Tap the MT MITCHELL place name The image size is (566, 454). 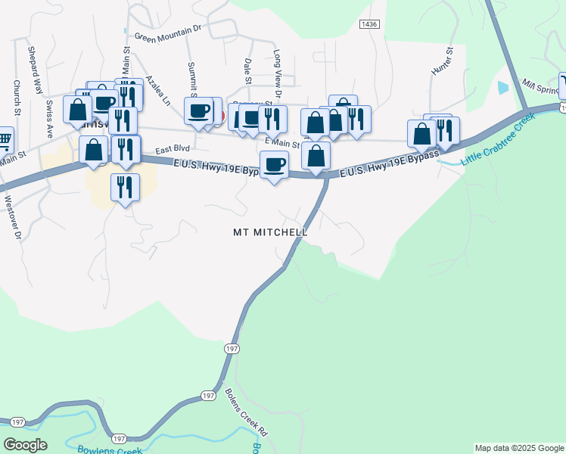pyautogui.click(x=270, y=232)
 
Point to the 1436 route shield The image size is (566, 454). pyautogui.click(x=369, y=24)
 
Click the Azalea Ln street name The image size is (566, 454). pyautogui.click(x=159, y=89)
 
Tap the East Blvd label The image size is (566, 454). pyautogui.click(x=172, y=150)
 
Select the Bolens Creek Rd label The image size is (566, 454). pyautogui.click(x=247, y=412)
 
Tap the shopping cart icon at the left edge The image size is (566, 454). pyautogui.click(x=5, y=139)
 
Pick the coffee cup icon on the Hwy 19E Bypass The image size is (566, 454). pyautogui.click(x=274, y=164)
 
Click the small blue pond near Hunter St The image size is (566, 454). pyautogui.click(x=504, y=87)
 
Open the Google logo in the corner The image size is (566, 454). pyautogui.click(x=25, y=445)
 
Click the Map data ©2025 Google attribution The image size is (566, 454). pyautogui.click(x=519, y=448)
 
